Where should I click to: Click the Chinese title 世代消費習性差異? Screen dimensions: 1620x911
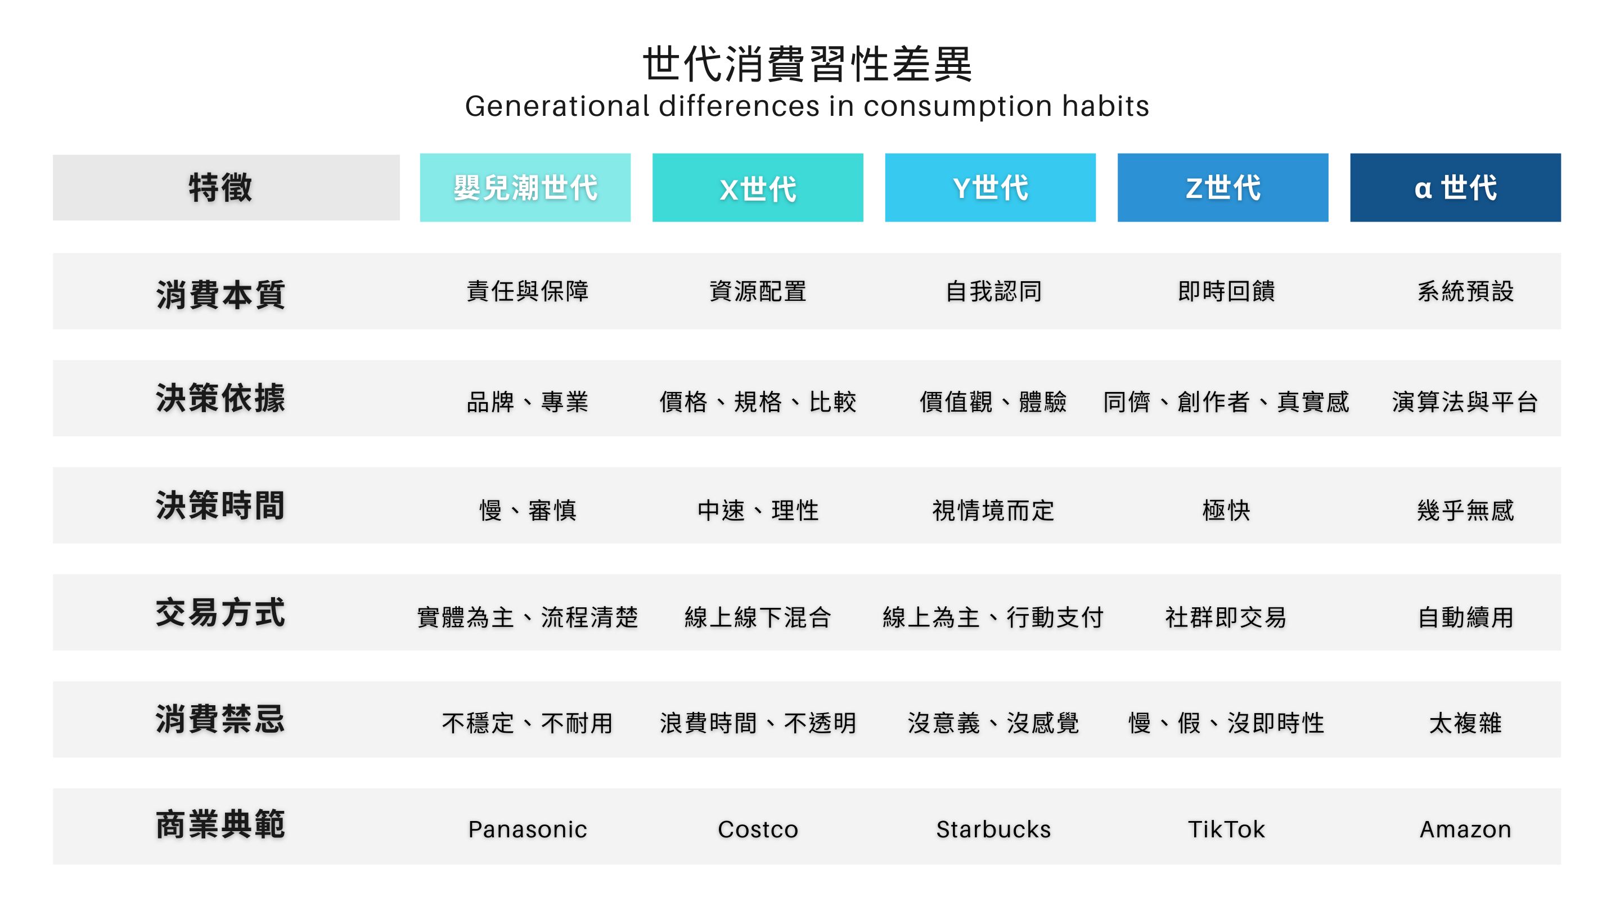pyautogui.click(x=808, y=64)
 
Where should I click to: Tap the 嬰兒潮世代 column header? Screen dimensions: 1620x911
pyautogui.click(x=525, y=187)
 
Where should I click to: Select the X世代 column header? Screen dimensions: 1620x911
pyautogui.click(x=758, y=187)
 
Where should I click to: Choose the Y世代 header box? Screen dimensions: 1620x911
pyautogui.click(x=991, y=187)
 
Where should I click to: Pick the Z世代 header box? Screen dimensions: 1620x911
pyautogui.click(x=1223, y=187)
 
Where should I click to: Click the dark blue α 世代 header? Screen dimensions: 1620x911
pyautogui.click(x=1455, y=187)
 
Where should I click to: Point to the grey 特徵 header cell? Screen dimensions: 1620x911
pyautogui.click(x=226, y=187)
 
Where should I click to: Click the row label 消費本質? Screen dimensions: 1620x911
pyautogui.click(x=220, y=294)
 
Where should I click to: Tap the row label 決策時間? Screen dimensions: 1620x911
pyautogui.click(x=220, y=506)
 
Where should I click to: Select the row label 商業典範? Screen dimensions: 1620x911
pyautogui.click(x=220, y=825)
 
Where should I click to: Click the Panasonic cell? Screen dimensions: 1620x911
pyautogui.click(x=528, y=829)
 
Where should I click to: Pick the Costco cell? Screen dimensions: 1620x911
pyautogui.click(x=758, y=829)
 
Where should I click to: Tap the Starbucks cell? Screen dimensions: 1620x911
pyautogui.click(x=993, y=829)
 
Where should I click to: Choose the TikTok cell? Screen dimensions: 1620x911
pyautogui.click(x=1226, y=829)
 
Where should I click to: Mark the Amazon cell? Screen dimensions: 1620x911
pyautogui.click(x=1465, y=829)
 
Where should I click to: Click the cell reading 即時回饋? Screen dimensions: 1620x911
pyautogui.click(x=1226, y=291)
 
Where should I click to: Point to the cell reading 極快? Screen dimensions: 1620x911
pyautogui.click(x=1226, y=510)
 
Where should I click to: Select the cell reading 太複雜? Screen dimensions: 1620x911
pyautogui.click(x=1465, y=723)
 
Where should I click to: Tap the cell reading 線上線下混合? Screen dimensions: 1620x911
pyautogui.click(x=758, y=617)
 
